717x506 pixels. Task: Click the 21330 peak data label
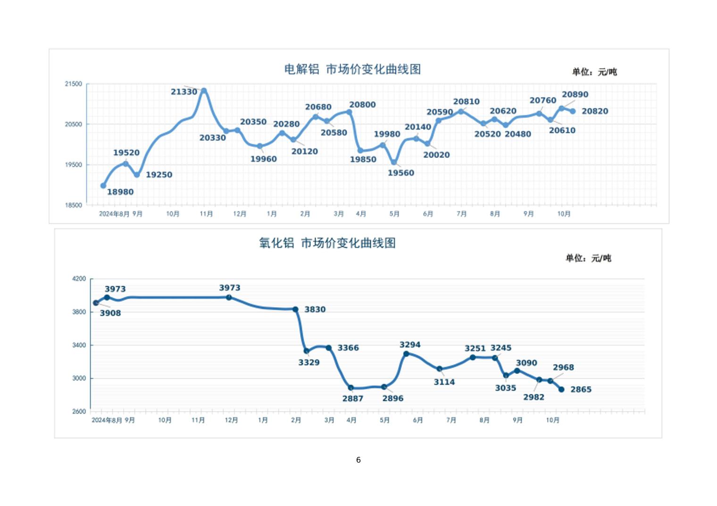pyautogui.click(x=184, y=92)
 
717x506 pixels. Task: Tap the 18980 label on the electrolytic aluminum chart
pyautogui.click(x=120, y=192)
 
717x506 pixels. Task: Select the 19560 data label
pyautogui.click(x=401, y=173)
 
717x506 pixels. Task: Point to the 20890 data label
pyautogui.click(x=575, y=95)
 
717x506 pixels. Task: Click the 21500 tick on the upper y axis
pyautogui.click(x=74, y=84)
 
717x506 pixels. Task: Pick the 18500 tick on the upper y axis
pyautogui.click(x=74, y=205)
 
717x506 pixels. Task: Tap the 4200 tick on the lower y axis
pyautogui.click(x=79, y=279)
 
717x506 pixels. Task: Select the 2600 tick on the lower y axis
pyautogui.click(x=79, y=411)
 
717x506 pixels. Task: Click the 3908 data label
pyautogui.click(x=110, y=313)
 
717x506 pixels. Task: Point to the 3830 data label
pyautogui.click(x=315, y=310)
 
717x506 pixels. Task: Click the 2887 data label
pyautogui.click(x=353, y=399)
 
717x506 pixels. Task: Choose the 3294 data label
pyautogui.click(x=410, y=345)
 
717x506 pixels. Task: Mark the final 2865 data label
pyautogui.click(x=581, y=390)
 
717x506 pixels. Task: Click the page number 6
pyautogui.click(x=358, y=460)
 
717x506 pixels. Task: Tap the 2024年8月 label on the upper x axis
pyautogui.click(x=114, y=214)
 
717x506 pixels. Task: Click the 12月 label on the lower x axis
pyautogui.click(x=231, y=420)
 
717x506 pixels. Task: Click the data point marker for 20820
pyautogui.click(x=573, y=112)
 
